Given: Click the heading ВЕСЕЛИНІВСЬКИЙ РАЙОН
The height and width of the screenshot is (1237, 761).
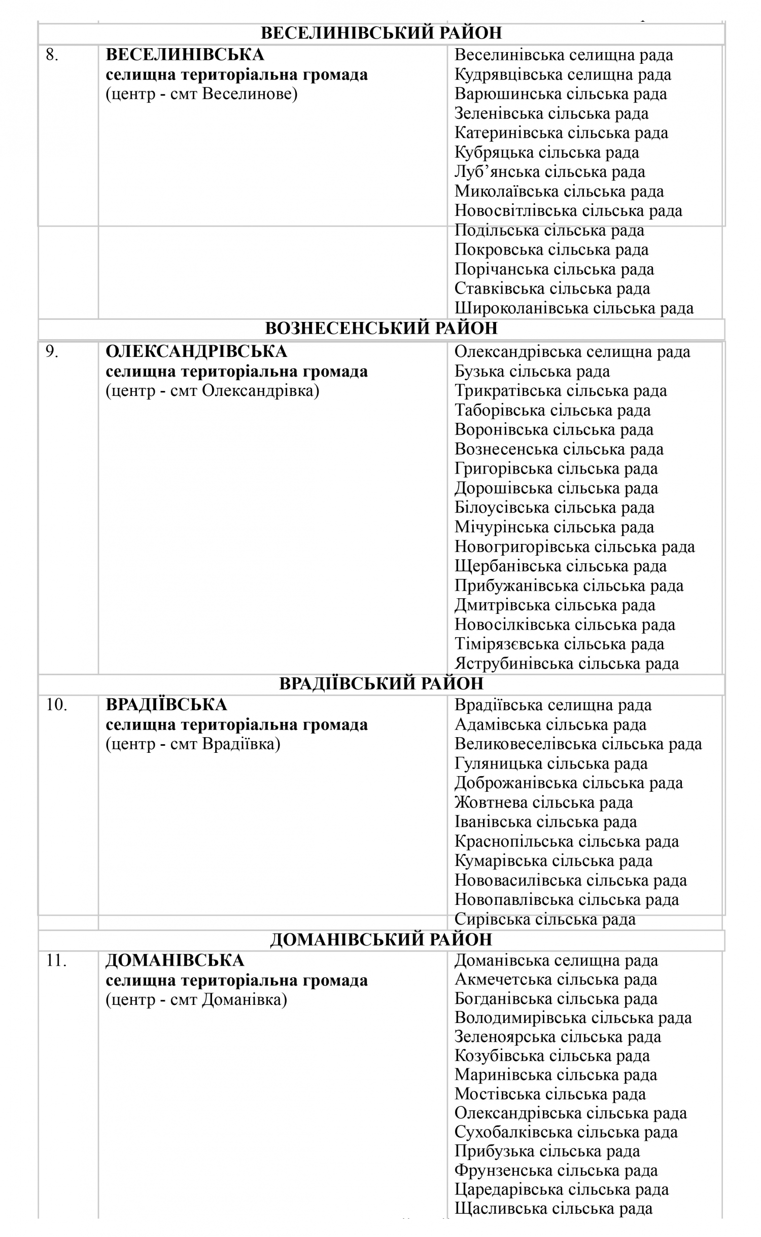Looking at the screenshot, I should pos(381,33).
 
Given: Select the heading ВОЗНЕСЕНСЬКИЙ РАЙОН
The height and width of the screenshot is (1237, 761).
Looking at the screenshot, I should pos(381,329).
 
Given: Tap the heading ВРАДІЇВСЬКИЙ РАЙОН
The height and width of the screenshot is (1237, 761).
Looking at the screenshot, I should pos(381,684).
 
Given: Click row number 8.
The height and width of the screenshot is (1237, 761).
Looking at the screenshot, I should pos(52,55).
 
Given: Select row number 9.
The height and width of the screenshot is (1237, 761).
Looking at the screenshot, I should pos(52,351).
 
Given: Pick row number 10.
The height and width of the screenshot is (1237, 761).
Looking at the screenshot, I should pos(56,705).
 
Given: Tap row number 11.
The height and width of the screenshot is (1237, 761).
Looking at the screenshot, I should pos(56,960).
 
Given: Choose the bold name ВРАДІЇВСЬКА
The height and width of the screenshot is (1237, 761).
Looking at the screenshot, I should pos(166,705).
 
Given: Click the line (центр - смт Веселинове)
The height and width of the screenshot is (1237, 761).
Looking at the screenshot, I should pos(201,94).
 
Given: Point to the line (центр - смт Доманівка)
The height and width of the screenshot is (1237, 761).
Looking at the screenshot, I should pos(196,1000).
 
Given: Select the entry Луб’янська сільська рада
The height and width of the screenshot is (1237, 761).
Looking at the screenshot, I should pos(550,172).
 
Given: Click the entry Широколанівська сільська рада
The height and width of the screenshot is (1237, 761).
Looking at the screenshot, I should pos(574,308).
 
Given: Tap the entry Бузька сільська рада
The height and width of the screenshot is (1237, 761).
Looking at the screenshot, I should pos(532,372).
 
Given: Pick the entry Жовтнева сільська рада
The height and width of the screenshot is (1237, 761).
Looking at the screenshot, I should pos(544,803).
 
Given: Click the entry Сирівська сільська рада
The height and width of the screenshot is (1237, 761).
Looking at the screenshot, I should pos(545,919).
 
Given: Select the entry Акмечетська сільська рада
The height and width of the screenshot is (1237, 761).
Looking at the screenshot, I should pos(556,979).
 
